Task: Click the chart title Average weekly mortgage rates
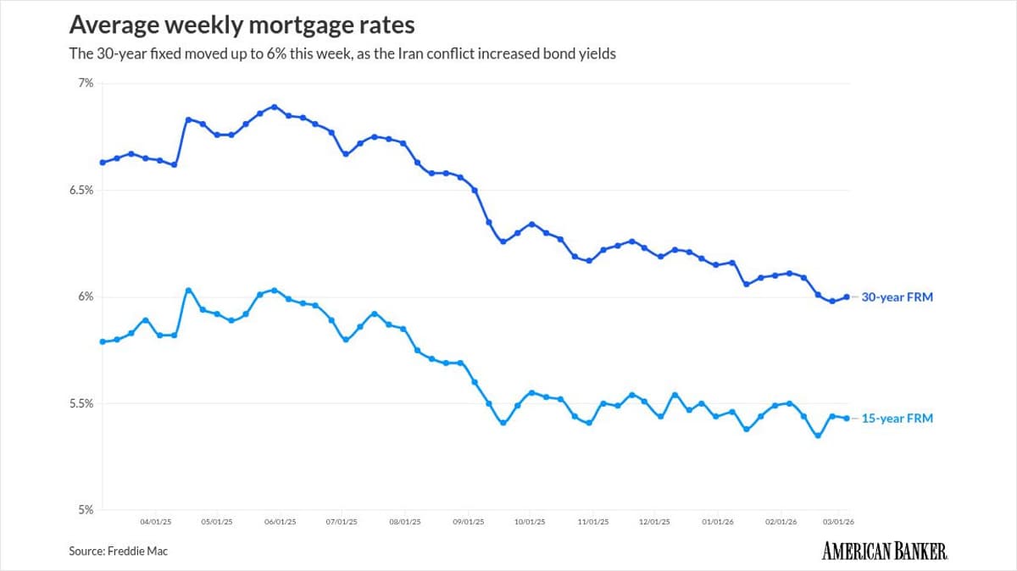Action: coord(242,24)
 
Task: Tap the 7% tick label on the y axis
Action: coord(85,83)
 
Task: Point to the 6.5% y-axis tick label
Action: coord(81,190)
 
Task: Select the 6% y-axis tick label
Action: coord(85,297)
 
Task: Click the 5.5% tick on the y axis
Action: coord(81,403)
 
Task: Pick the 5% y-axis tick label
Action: coord(85,510)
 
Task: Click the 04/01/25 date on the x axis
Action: coord(155,523)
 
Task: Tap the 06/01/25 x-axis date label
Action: coord(280,523)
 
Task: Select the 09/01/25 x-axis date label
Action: coord(469,523)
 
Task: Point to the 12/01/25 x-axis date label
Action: coord(654,523)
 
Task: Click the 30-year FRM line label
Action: coord(897,297)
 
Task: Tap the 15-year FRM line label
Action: coord(897,419)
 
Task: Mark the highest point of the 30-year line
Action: coord(274,107)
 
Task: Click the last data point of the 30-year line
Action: coord(847,297)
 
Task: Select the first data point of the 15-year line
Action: coord(102,341)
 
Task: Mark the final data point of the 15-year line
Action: coord(847,418)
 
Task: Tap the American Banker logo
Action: coord(885,551)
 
